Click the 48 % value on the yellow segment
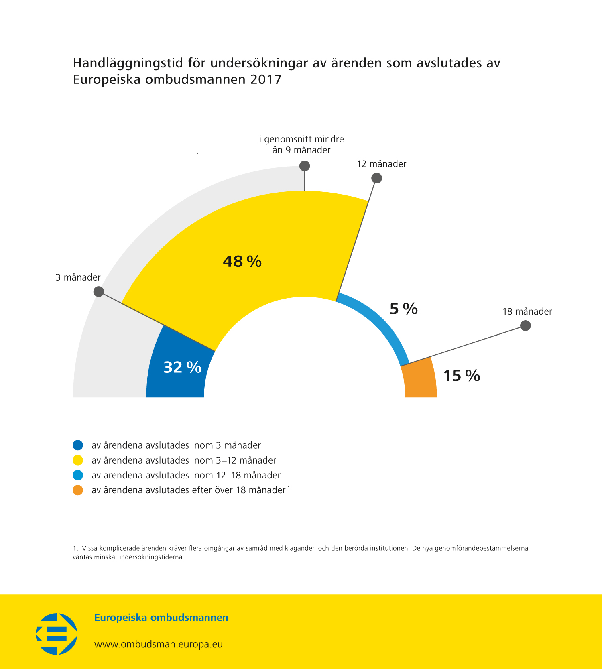[x=242, y=262]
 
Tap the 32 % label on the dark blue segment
[x=182, y=367]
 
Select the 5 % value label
[x=404, y=309]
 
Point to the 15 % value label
[x=462, y=376]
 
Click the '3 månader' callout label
[x=78, y=277]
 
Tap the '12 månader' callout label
[x=382, y=164]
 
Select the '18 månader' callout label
[x=527, y=311]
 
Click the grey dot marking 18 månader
[x=525, y=325]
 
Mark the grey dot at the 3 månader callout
[x=99, y=291]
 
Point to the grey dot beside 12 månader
[x=376, y=178]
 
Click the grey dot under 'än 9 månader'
[x=305, y=166]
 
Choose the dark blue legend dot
[x=78, y=445]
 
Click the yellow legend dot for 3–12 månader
[x=78, y=460]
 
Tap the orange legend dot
[x=78, y=490]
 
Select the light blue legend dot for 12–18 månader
[x=78, y=475]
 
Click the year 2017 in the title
[x=266, y=79]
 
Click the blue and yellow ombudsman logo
[x=57, y=634]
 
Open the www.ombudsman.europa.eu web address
[x=159, y=644]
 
